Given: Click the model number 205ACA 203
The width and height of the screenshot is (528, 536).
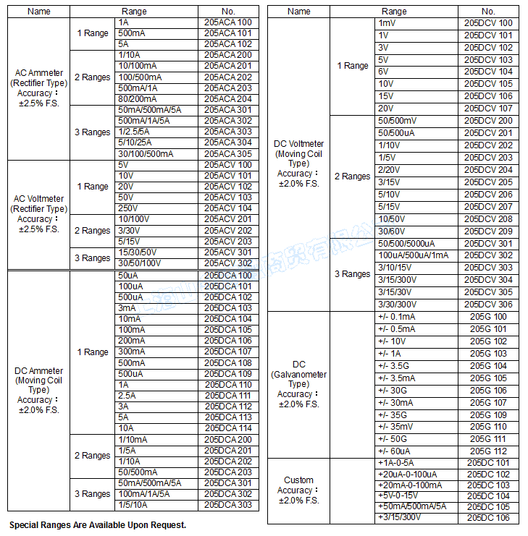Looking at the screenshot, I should (228, 88).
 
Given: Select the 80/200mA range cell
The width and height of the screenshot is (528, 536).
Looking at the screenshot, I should (138, 99).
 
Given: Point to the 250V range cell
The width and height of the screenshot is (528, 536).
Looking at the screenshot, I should (130, 208).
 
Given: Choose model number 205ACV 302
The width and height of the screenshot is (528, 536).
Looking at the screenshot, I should (228, 263).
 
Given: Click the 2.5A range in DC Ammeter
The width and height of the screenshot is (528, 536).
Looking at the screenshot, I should (127, 396).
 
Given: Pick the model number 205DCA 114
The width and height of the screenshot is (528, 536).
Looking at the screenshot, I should (228, 428).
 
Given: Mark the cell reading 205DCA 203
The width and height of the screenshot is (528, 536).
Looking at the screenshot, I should (228, 472).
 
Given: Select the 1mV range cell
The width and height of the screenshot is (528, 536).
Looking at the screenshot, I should (387, 23).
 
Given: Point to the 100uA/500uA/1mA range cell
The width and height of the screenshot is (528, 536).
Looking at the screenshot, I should (414, 255).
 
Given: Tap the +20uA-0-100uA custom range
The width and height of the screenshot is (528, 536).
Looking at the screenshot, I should (410, 474).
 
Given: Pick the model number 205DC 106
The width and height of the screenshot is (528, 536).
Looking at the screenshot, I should (488, 518).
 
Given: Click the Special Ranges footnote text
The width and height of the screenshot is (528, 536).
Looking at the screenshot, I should (98, 525).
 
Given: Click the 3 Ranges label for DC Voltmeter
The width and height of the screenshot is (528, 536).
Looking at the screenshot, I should (352, 274).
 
